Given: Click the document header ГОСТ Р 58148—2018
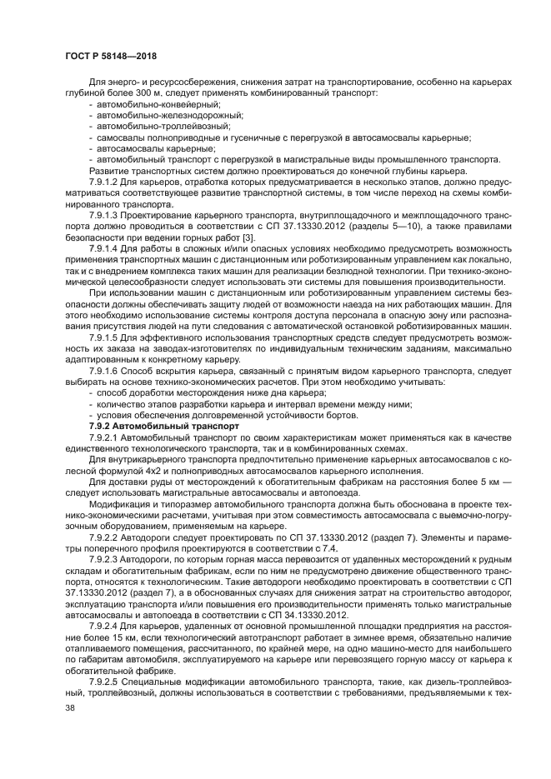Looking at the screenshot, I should coord(110,56).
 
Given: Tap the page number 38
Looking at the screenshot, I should coord(70,707).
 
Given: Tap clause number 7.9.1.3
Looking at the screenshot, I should coord(107,213).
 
